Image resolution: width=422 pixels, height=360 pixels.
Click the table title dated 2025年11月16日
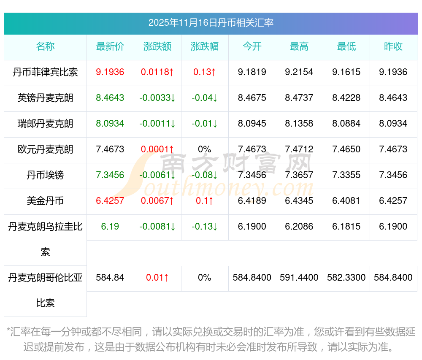(x=211, y=23)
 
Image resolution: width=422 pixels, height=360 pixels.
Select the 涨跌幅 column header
(x=205, y=46)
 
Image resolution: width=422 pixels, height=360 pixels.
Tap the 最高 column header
(x=299, y=46)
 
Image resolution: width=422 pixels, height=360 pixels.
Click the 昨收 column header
(x=393, y=46)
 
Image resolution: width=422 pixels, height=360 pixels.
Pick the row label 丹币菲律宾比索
(x=45, y=72)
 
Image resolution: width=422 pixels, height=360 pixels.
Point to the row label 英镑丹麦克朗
(x=45, y=98)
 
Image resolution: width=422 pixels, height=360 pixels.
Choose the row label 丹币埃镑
(x=45, y=175)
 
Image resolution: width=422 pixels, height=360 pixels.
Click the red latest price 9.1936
(x=110, y=72)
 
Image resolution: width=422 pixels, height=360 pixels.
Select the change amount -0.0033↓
(x=157, y=98)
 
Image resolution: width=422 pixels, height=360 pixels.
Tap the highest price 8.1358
(x=299, y=124)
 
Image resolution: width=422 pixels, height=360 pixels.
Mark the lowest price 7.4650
(x=346, y=149)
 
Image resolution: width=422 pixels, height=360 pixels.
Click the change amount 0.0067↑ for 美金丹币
(x=157, y=201)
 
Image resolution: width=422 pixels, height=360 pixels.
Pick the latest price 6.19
(x=110, y=227)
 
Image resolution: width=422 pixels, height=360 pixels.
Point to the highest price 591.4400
(x=299, y=278)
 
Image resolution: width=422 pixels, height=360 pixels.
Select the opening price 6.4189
(x=252, y=201)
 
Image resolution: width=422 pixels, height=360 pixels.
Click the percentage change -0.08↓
(x=205, y=175)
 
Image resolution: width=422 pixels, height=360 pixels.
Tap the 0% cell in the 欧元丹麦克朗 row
(x=205, y=149)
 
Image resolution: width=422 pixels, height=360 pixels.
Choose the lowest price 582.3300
(x=346, y=278)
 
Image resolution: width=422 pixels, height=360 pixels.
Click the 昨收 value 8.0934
(x=393, y=124)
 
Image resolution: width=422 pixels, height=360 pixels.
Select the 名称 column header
(x=45, y=46)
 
